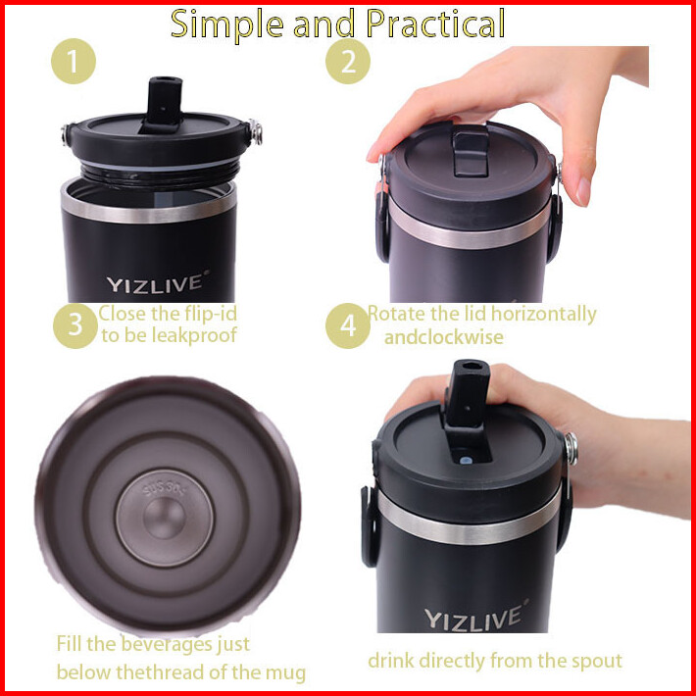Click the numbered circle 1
point(74,61)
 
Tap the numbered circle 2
point(348,61)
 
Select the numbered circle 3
point(75,325)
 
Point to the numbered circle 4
point(348,325)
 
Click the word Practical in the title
point(435,25)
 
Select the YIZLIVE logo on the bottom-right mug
point(475,616)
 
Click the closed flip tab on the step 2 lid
point(471,150)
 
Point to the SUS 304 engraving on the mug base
point(165,488)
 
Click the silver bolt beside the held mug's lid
point(571,448)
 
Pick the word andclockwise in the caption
point(443,337)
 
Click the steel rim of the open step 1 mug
point(149,209)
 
